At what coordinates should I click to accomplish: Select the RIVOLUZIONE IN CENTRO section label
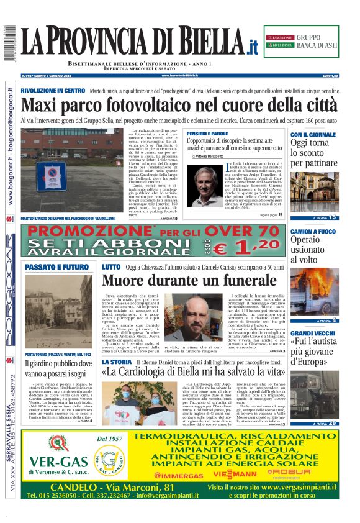point(52,91)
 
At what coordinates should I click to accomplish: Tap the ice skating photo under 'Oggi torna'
point(314,192)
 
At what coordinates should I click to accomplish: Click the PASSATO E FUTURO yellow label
point(57,268)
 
